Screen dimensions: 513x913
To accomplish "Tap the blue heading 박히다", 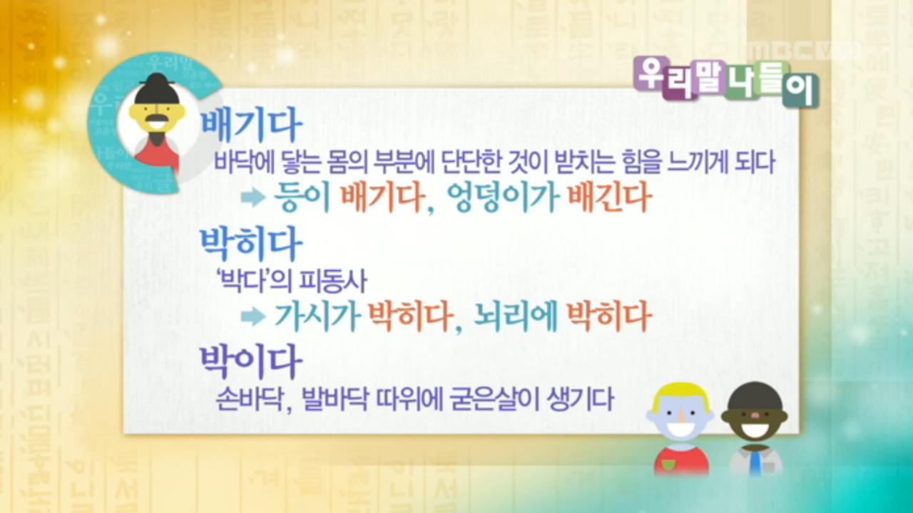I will [x=251, y=244].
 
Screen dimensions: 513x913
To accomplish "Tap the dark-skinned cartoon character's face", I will [x=755, y=418].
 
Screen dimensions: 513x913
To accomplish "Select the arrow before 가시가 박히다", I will [x=253, y=317].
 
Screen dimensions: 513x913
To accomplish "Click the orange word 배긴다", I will [x=608, y=199].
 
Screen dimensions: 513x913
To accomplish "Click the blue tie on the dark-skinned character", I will [x=755, y=462].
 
